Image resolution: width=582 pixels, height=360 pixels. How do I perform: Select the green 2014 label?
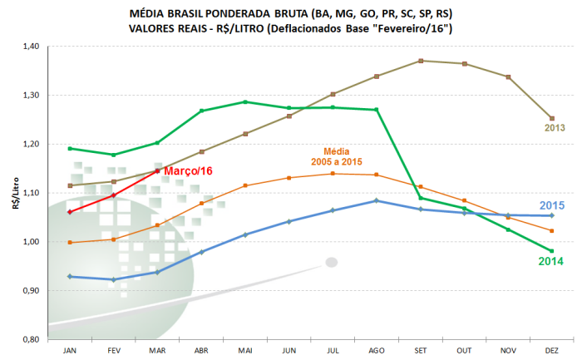coord(551,262)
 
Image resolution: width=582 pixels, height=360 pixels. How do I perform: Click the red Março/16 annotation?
coord(189,170)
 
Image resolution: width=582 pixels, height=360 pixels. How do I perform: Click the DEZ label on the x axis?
coord(551,351)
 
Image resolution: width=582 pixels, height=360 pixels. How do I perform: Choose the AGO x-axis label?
coord(377,351)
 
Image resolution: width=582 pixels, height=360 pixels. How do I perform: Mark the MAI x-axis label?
coord(244,351)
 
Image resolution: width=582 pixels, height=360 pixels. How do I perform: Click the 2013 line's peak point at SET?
coord(421,61)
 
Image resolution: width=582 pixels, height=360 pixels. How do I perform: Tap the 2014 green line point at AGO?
coord(377,110)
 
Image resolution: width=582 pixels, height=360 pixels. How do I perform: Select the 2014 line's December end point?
coord(551,251)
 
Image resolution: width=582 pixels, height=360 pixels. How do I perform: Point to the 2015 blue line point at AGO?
coord(377,200)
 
